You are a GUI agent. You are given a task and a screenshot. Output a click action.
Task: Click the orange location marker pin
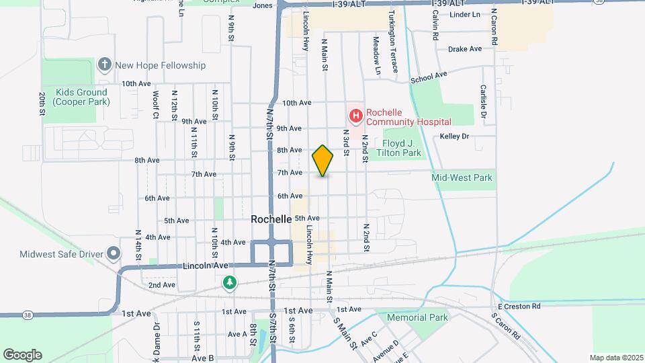(323, 160)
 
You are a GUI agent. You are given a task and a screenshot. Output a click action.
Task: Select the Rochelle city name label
(271, 219)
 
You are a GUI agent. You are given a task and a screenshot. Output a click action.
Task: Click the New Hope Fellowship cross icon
(104, 65)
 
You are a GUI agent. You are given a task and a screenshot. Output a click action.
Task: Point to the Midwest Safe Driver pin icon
(114, 253)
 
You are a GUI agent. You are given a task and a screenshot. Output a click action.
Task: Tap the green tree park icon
(230, 282)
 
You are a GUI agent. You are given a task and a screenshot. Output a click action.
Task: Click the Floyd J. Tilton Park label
(402, 148)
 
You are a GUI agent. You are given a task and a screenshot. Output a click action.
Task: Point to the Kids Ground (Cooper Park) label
(82, 97)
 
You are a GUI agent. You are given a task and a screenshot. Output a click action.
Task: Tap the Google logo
(22, 354)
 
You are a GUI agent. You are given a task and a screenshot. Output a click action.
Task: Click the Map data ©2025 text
(615, 358)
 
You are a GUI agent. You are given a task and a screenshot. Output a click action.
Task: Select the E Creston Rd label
(519, 307)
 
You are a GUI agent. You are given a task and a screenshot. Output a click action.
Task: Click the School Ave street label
(429, 78)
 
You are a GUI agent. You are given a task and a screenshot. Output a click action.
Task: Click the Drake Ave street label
(465, 49)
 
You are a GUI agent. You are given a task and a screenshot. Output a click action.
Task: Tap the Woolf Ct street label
(156, 105)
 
